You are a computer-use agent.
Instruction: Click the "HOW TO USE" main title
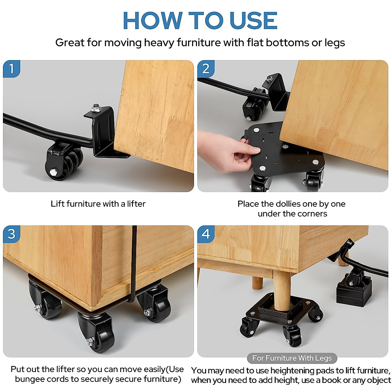tap(200, 21)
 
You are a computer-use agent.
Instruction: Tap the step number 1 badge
tap(12, 69)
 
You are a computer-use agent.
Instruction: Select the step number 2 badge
tap(206, 69)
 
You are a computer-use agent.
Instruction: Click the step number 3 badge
tap(12, 234)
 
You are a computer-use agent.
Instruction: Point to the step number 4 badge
tap(206, 234)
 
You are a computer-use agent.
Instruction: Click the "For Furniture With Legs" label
tap(292, 358)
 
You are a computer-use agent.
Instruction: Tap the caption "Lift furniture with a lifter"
tap(98, 204)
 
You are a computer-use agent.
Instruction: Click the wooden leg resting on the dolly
tap(282, 291)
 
